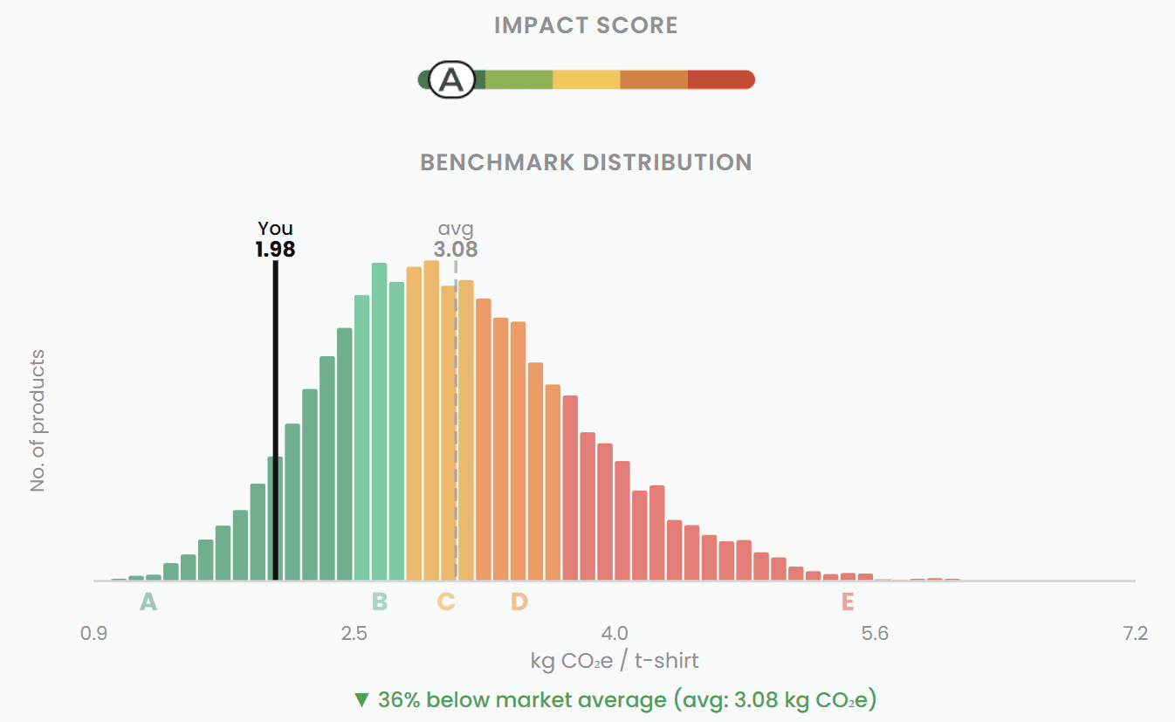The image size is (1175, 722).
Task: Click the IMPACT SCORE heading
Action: [x=586, y=25]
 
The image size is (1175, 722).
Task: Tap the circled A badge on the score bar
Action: [x=451, y=80]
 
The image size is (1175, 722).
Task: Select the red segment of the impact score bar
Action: [x=720, y=80]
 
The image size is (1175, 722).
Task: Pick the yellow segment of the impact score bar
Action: [x=586, y=80]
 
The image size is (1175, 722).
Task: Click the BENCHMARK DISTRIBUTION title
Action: [x=586, y=162]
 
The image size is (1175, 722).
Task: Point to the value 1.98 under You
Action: [x=275, y=250]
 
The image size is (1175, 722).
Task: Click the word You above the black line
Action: [x=275, y=230]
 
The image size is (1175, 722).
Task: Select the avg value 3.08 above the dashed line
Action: [x=456, y=250]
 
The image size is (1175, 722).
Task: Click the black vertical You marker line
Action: [x=275, y=419]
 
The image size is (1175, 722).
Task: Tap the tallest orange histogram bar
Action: [x=431, y=419]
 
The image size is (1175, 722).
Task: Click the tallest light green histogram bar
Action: [x=379, y=419]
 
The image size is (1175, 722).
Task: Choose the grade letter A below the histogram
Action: [x=148, y=602]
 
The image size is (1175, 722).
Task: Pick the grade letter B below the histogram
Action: [x=380, y=602]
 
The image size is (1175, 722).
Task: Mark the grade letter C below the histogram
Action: [x=445, y=602]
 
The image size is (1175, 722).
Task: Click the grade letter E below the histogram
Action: [x=847, y=602]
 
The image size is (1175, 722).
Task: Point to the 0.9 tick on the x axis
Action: [x=93, y=634]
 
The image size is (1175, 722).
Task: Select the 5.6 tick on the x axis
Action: [x=875, y=634]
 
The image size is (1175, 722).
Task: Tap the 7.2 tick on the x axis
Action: [x=1135, y=634]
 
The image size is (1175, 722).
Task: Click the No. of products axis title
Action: [x=38, y=420]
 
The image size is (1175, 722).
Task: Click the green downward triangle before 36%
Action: [x=361, y=700]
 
